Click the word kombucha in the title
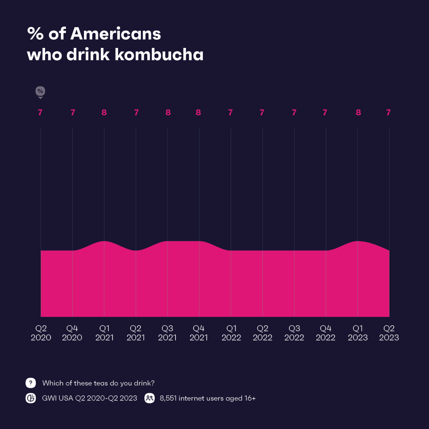click(x=159, y=55)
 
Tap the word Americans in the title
click(x=115, y=34)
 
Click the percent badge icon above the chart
click(x=40, y=92)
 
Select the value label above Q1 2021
click(x=104, y=113)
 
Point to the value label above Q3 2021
click(x=168, y=113)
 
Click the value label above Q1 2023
click(x=358, y=113)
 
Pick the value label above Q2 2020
click(x=40, y=113)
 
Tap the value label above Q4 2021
click(x=198, y=113)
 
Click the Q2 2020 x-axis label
click(x=41, y=333)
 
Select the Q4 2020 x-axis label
click(x=72, y=333)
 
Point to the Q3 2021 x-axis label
click(x=167, y=333)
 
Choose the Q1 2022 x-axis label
click(x=231, y=333)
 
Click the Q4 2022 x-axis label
click(x=326, y=333)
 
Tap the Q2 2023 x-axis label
click(x=389, y=333)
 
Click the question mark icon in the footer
click(x=31, y=383)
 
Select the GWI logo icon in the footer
click(x=31, y=398)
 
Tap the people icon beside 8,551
click(x=149, y=398)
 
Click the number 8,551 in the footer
click(x=168, y=398)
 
